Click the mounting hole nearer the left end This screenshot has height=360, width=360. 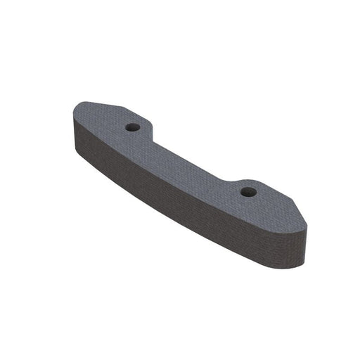[132, 128]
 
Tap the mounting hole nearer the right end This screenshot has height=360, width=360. [247, 191]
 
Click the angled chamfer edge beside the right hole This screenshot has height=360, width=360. [285, 196]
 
